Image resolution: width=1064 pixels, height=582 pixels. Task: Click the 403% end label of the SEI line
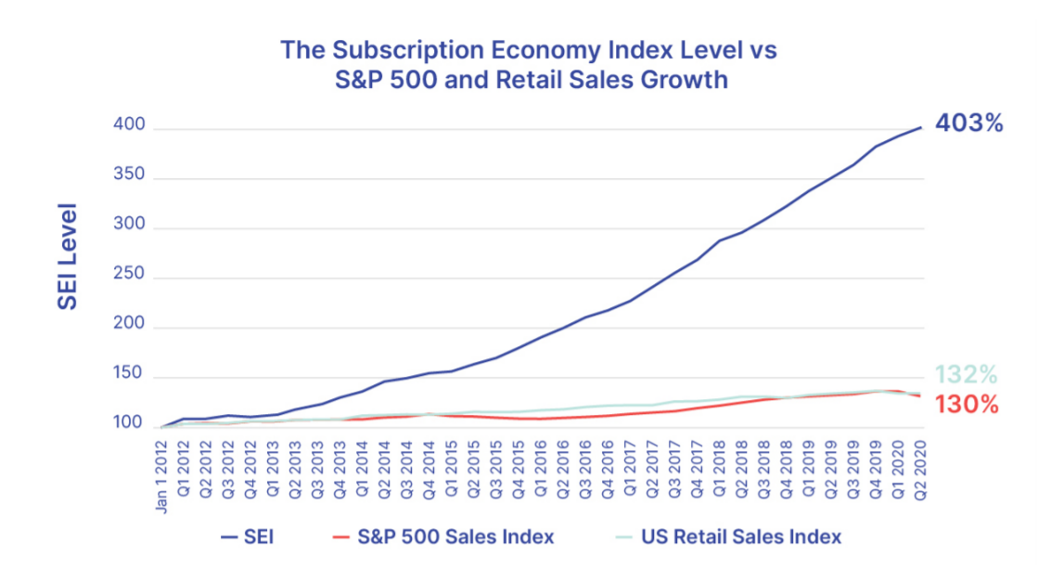coord(969,123)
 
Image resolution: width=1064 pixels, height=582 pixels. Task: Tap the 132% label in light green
coord(966,375)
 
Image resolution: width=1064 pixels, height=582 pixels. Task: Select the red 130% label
coord(966,405)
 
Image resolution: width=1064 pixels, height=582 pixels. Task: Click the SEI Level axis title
coord(68,264)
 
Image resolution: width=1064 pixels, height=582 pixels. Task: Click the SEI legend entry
coord(246,537)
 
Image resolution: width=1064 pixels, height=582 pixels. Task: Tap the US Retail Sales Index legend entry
coord(728,537)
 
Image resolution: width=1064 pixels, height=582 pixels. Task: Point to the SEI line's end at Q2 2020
coord(920,127)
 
